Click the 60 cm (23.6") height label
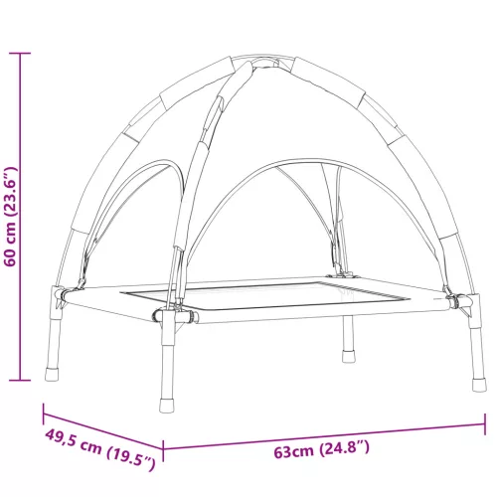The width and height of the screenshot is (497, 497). click(10, 217)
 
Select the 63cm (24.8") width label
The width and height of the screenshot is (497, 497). click(321, 449)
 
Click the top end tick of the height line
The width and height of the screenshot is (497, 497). click(20, 53)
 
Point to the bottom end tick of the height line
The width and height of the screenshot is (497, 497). click(20, 381)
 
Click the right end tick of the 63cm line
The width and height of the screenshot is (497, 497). click(485, 423)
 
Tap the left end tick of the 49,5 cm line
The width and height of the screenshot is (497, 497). click(44, 414)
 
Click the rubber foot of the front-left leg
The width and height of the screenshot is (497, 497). click(166, 406)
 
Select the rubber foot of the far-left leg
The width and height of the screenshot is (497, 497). click(52, 374)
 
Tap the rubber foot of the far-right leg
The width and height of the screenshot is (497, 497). click(479, 385)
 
